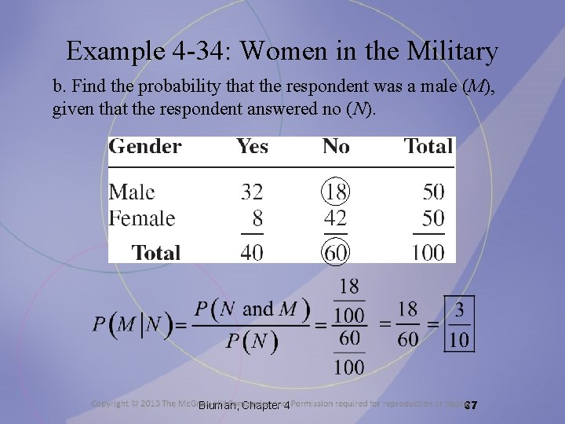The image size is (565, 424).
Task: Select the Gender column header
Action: tap(145, 147)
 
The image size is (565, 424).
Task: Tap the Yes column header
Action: tap(252, 147)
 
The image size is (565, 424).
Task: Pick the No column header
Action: tap(336, 147)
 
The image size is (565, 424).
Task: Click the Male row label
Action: tap(132, 192)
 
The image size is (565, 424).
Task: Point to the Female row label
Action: tap(142, 217)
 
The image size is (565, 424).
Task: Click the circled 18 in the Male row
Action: tap(336, 192)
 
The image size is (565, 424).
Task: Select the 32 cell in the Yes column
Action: tap(252, 192)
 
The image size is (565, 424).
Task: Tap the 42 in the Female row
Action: tap(336, 217)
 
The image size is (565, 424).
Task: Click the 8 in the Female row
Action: tap(257, 217)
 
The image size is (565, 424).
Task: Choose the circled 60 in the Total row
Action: tap(336, 252)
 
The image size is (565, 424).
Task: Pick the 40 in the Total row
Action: tap(252, 252)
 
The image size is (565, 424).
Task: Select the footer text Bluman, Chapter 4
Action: tap(244, 405)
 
